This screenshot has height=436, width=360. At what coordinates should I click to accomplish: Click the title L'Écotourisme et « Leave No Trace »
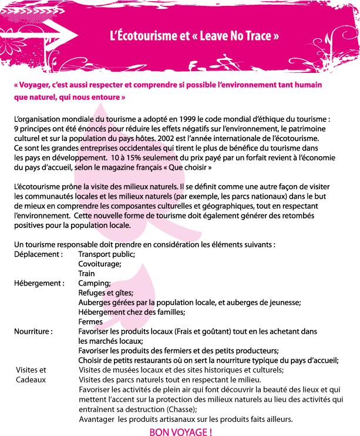pyautogui.click(x=194, y=36)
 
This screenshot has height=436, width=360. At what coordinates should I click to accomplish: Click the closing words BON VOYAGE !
pyautogui.click(x=181, y=432)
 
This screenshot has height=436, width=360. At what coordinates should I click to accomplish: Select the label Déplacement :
pyautogui.click(x=38, y=254)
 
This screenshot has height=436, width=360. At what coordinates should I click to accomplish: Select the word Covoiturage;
pyautogui.click(x=100, y=264)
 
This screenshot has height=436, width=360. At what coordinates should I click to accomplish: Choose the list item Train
pyautogui.click(x=86, y=274)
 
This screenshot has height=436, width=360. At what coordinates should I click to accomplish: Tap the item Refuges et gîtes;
pyautogui.click(x=106, y=293)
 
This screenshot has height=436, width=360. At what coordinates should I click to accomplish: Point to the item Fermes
pyautogui.click(x=90, y=322)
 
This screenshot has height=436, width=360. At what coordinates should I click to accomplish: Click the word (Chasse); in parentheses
pyautogui.click(x=182, y=409)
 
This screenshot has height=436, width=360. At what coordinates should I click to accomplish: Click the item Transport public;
pyautogui.click(x=107, y=254)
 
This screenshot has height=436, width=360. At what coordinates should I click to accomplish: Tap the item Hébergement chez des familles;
pyautogui.click(x=132, y=312)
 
